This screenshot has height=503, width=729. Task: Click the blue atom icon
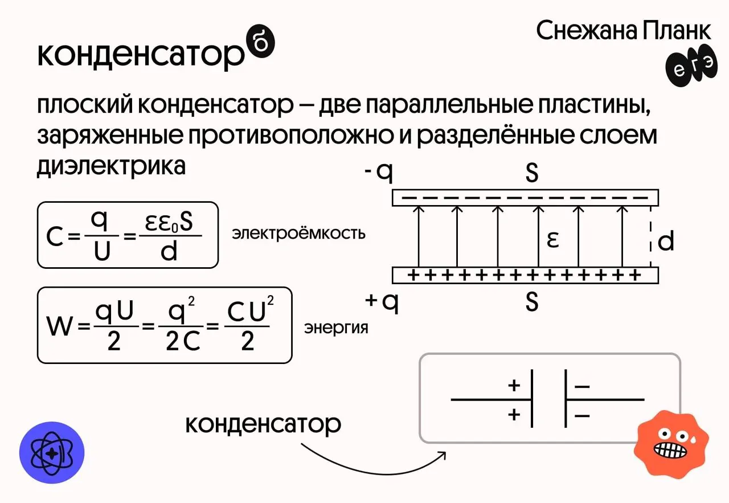click(x=52, y=453)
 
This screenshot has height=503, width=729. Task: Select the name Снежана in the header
click(x=587, y=31)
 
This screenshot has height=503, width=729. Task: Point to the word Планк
click(x=677, y=31)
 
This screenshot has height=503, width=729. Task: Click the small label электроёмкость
click(x=298, y=234)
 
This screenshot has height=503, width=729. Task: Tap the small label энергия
click(x=336, y=328)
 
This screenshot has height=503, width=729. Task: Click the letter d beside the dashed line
click(x=666, y=242)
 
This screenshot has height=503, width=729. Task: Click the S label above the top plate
click(x=532, y=173)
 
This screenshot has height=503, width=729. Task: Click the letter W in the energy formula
click(x=60, y=328)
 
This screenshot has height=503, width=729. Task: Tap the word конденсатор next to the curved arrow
click(x=263, y=424)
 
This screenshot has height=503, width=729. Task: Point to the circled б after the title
click(x=262, y=47)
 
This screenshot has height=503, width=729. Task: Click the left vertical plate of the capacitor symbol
click(x=532, y=398)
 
